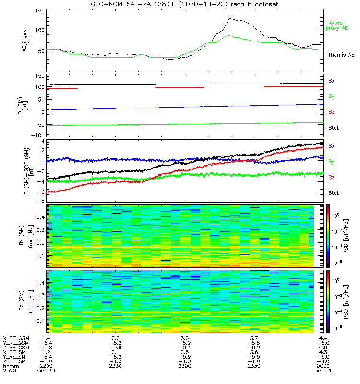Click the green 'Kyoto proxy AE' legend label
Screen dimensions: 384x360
click(338, 25)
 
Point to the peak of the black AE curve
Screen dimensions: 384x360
click(230, 18)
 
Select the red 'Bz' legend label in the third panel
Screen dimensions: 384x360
click(332, 178)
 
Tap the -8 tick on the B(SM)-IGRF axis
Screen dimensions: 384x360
click(42, 201)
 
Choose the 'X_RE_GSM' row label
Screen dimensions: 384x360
click(16, 339)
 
